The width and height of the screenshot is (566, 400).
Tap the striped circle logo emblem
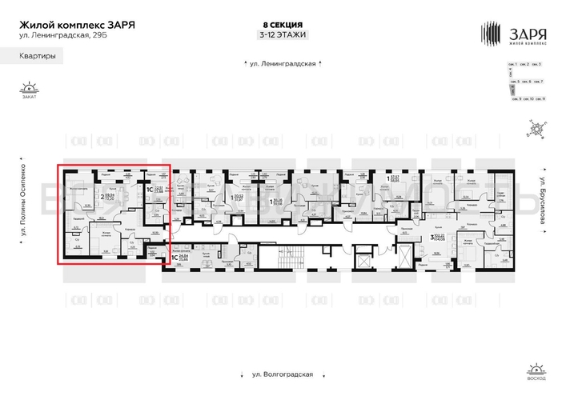click(x=490, y=34)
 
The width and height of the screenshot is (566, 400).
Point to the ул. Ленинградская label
click(x=283, y=63)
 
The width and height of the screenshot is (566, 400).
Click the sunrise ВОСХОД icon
click(x=535, y=370)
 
